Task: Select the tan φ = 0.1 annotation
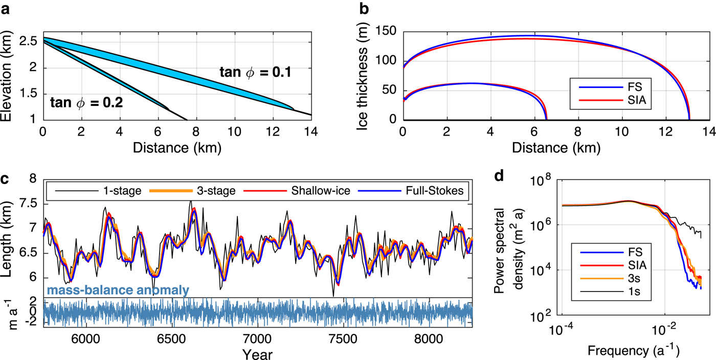[x=256, y=72]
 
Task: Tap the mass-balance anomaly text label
[x=118, y=290]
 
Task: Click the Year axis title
[x=258, y=354]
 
